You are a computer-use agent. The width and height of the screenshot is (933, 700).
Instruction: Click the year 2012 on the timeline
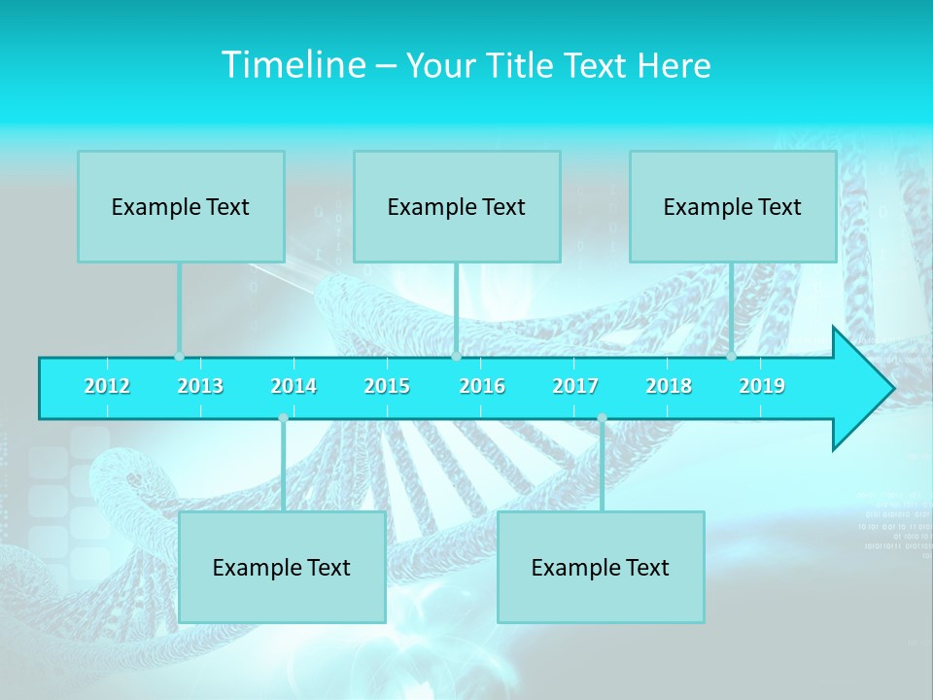(x=107, y=386)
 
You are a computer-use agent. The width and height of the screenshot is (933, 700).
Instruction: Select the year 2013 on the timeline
(x=200, y=386)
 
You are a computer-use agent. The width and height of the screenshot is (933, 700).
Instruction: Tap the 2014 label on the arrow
(x=294, y=386)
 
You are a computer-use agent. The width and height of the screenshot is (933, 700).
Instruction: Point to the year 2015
(x=387, y=386)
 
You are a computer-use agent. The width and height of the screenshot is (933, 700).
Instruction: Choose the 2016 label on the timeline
(x=482, y=386)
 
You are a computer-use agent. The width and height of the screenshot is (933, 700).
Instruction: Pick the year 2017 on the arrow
(x=575, y=386)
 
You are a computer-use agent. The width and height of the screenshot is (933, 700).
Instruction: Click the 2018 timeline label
(x=669, y=386)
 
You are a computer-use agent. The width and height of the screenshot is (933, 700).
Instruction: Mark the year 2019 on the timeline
(x=762, y=386)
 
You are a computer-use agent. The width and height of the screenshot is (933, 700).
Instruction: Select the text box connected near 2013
(x=181, y=206)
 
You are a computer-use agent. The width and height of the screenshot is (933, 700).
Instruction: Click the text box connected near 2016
(x=457, y=206)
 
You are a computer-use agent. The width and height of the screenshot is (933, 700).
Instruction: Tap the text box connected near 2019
(x=733, y=206)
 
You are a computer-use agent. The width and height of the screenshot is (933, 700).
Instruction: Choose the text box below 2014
(x=282, y=567)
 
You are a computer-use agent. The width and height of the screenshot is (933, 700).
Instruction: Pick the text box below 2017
(x=601, y=567)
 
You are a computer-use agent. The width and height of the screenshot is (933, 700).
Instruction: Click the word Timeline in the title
(x=292, y=65)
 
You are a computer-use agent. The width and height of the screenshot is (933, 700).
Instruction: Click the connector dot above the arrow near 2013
(x=179, y=357)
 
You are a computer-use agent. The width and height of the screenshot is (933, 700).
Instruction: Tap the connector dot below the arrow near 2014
(x=283, y=418)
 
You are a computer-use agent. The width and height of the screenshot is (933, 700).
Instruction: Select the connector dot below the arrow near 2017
(x=602, y=418)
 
